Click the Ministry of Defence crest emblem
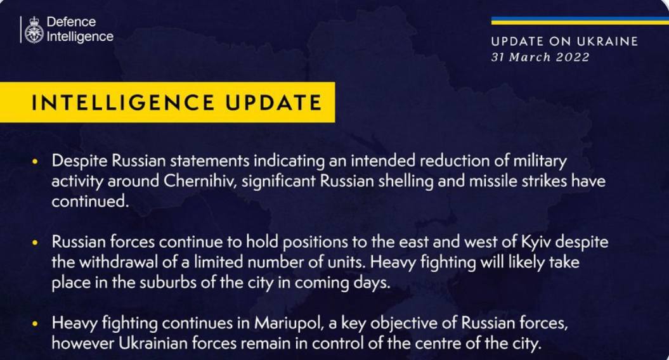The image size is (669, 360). point(34,30)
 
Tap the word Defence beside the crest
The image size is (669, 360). point(71,22)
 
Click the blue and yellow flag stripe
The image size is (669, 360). point(580,20)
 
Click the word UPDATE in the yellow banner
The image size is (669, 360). point(273,103)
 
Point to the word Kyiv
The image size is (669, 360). point(536,242)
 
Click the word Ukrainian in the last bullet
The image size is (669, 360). point(153,343)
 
